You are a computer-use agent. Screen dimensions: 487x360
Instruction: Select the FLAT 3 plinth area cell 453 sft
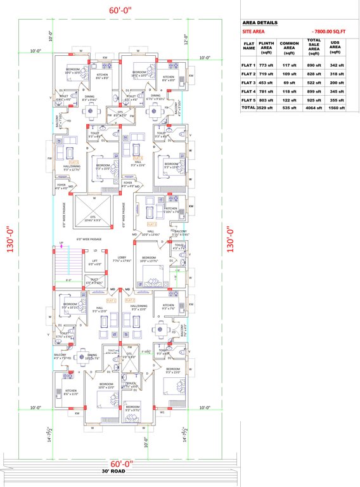(x=266, y=83)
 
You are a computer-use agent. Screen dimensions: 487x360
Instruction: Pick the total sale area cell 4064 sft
(x=313, y=108)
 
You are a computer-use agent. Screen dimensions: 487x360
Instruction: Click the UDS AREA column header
(x=337, y=47)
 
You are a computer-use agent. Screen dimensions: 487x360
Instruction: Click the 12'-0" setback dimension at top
(x=186, y=41)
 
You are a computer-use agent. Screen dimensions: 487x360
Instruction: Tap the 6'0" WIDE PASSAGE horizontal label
(x=89, y=239)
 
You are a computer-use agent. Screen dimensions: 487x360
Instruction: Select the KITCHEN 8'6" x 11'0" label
(x=70, y=392)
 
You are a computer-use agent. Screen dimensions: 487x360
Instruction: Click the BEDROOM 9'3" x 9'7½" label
(x=132, y=408)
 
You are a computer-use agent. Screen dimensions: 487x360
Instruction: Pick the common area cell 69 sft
(x=289, y=83)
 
